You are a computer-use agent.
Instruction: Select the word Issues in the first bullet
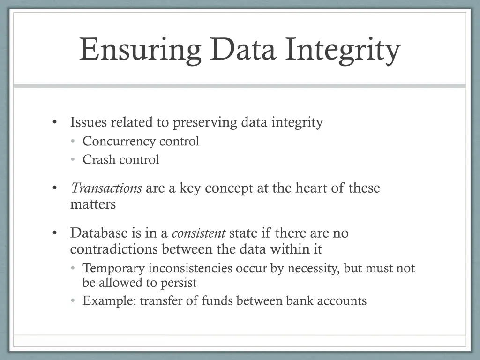(x=88, y=122)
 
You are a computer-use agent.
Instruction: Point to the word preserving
(x=205, y=122)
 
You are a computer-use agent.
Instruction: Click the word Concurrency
(x=119, y=141)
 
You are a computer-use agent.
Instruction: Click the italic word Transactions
(x=106, y=188)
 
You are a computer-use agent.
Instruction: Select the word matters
(x=93, y=204)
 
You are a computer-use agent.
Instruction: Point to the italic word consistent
(x=199, y=233)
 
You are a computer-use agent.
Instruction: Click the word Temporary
(x=113, y=269)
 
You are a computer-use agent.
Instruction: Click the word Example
(x=109, y=301)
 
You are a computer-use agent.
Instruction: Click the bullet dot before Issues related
(x=55, y=123)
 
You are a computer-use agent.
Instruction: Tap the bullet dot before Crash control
(x=73, y=160)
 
